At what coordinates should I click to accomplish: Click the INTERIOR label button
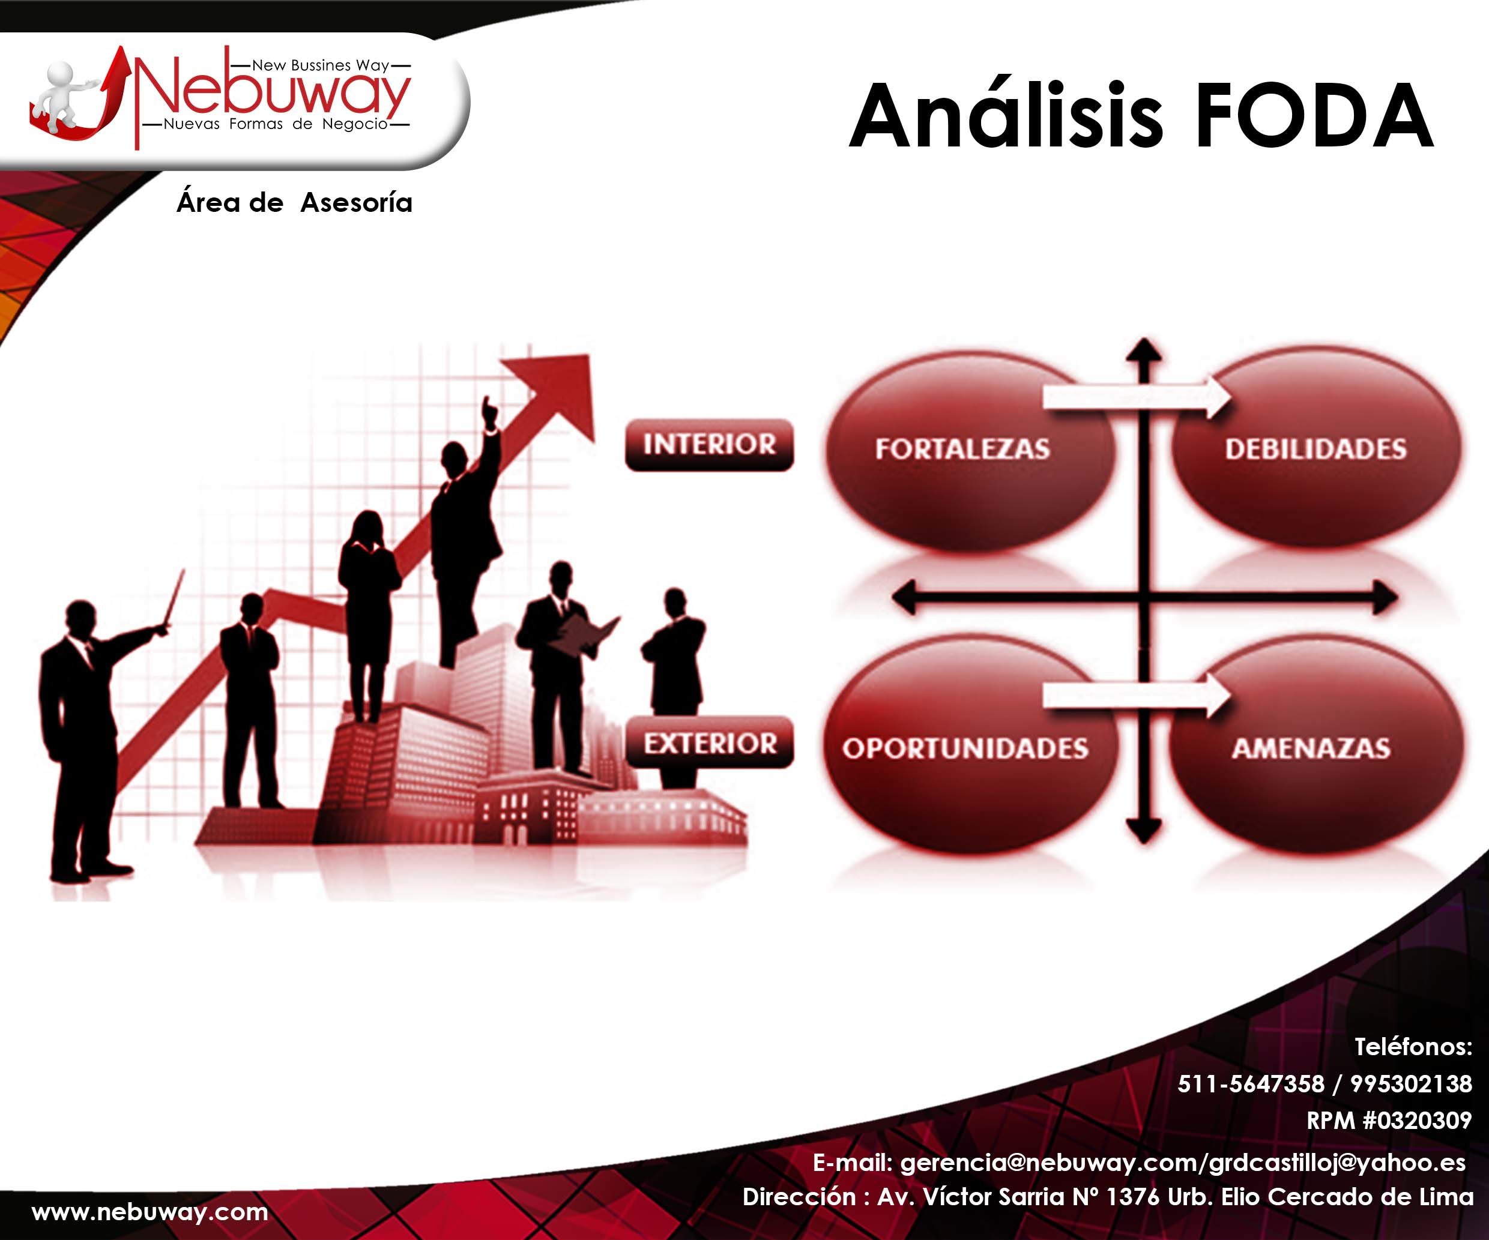click(x=709, y=445)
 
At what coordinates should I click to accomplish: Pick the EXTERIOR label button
click(x=709, y=742)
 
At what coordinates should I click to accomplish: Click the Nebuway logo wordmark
click(x=273, y=95)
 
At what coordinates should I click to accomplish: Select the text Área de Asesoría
click(x=294, y=203)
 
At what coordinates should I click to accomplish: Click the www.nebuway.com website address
click(x=150, y=1212)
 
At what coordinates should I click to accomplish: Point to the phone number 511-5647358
click(x=1251, y=1084)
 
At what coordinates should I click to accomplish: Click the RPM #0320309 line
click(x=1390, y=1120)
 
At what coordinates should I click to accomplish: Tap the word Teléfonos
click(x=1413, y=1047)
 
